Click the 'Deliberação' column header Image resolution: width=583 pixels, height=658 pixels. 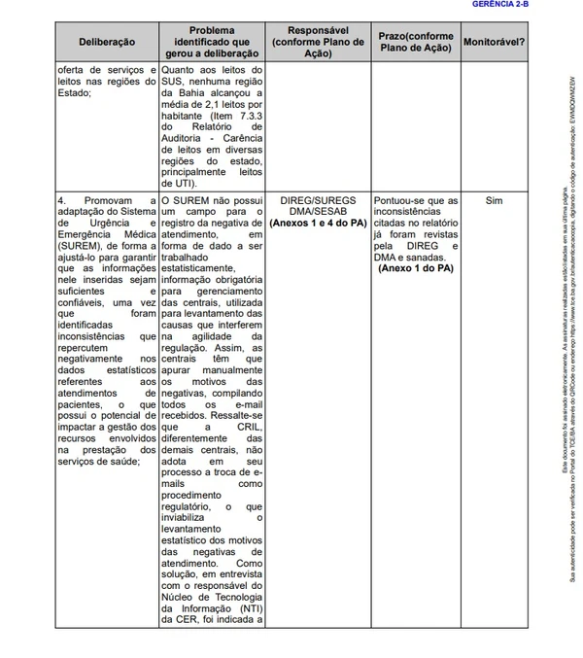point(107,43)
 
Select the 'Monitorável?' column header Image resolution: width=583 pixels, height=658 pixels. point(494,43)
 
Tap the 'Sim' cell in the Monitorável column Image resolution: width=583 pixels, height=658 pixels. point(494,200)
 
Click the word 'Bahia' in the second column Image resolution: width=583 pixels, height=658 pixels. point(191,93)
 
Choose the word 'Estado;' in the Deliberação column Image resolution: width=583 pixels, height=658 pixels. point(75,93)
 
